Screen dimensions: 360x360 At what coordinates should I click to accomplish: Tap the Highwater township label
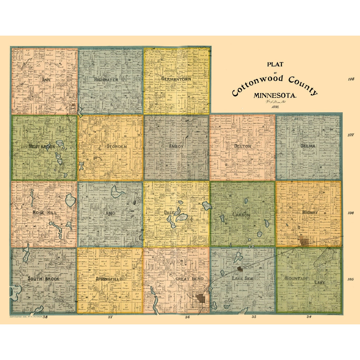[x=106, y=80]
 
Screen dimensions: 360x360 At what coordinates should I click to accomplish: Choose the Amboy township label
[x=176, y=147]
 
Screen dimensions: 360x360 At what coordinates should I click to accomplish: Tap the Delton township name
[x=242, y=146]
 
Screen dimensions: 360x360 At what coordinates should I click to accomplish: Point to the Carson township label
[x=241, y=215]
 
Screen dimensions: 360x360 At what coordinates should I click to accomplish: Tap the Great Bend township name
[x=189, y=279]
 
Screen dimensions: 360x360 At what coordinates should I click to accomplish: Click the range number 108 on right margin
[x=351, y=79]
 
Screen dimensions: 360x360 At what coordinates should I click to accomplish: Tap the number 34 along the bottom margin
[x=309, y=317]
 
